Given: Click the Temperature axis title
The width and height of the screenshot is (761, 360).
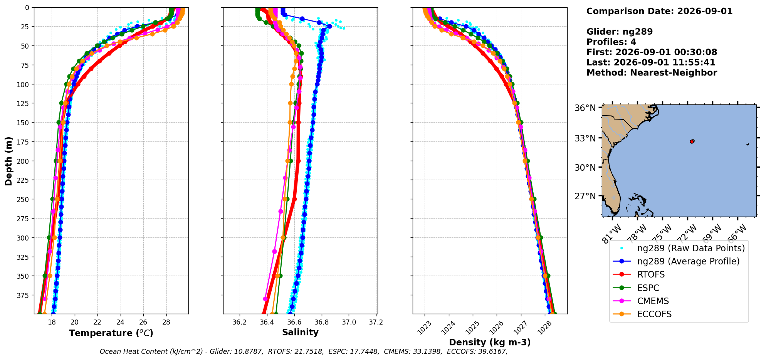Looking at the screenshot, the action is click(x=111, y=333).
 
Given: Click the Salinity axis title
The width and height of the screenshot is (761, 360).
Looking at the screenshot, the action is click(x=300, y=333).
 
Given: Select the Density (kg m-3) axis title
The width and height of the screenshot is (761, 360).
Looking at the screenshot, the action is click(x=490, y=342).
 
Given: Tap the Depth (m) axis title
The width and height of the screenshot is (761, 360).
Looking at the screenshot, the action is click(x=9, y=161).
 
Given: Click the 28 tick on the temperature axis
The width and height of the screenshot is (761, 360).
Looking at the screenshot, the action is click(x=166, y=322).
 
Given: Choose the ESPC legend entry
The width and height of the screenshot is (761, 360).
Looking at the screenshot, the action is click(x=648, y=288).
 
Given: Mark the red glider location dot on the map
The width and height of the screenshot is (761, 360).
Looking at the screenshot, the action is click(x=692, y=141).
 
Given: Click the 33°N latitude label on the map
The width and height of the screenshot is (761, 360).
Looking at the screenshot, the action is click(x=585, y=138).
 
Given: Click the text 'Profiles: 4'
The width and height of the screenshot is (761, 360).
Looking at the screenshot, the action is click(x=611, y=42).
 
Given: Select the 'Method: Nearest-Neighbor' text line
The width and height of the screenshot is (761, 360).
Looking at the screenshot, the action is click(x=652, y=73).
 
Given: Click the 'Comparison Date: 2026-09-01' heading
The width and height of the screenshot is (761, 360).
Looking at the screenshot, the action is click(x=659, y=11).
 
